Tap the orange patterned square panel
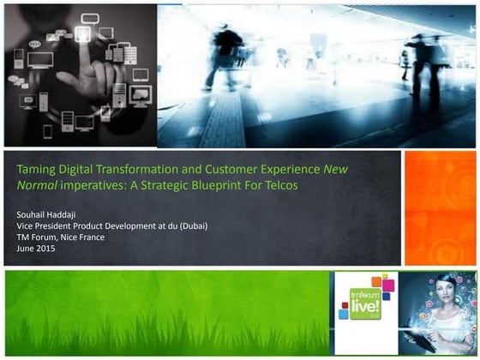point(440,207)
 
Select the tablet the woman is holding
point(436,335)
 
